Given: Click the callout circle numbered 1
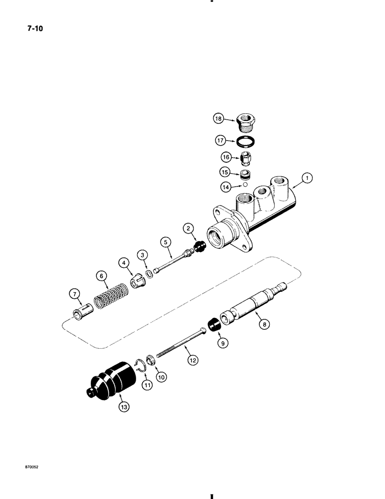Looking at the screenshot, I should point(308,177).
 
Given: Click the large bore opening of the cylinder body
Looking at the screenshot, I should point(220,237).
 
